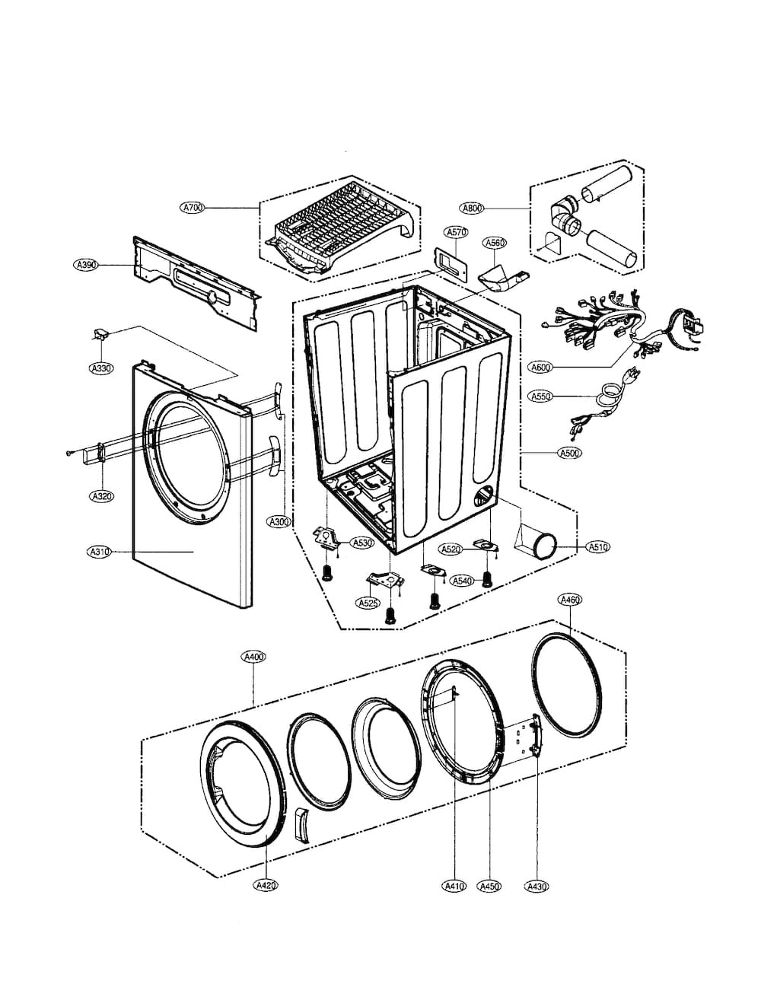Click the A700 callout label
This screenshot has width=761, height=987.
pyautogui.click(x=193, y=208)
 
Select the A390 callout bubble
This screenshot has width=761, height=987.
pyautogui.click(x=86, y=264)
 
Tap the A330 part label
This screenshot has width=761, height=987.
pyautogui.click(x=101, y=368)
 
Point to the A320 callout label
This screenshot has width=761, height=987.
pyautogui.click(x=101, y=496)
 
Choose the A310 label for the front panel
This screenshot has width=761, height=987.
pyautogui.click(x=98, y=552)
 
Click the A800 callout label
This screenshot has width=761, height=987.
pyautogui.click(x=473, y=208)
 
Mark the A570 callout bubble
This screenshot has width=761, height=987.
pyautogui.click(x=456, y=233)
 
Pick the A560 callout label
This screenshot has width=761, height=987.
pyautogui.click(x=495, y=243)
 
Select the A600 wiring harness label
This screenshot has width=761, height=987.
pyautogui.click(x=541, y=367)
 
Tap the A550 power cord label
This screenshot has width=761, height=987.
pyautogui.click(x=541, y=396)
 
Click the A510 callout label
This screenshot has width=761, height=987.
pyautogui.click(x=598, y=547)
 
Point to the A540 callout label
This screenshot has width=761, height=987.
pyautogui.click(x=462, y=581)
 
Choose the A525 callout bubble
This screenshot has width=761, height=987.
pyautogui.click(x=368, y=603)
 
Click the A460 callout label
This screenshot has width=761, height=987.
pyautogui.click(x=569, y=600)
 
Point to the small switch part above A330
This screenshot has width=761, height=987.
pyautogui.click(x=100, y=334)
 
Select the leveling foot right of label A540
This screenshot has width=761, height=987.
pyautogui.click(x=486, y=578)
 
